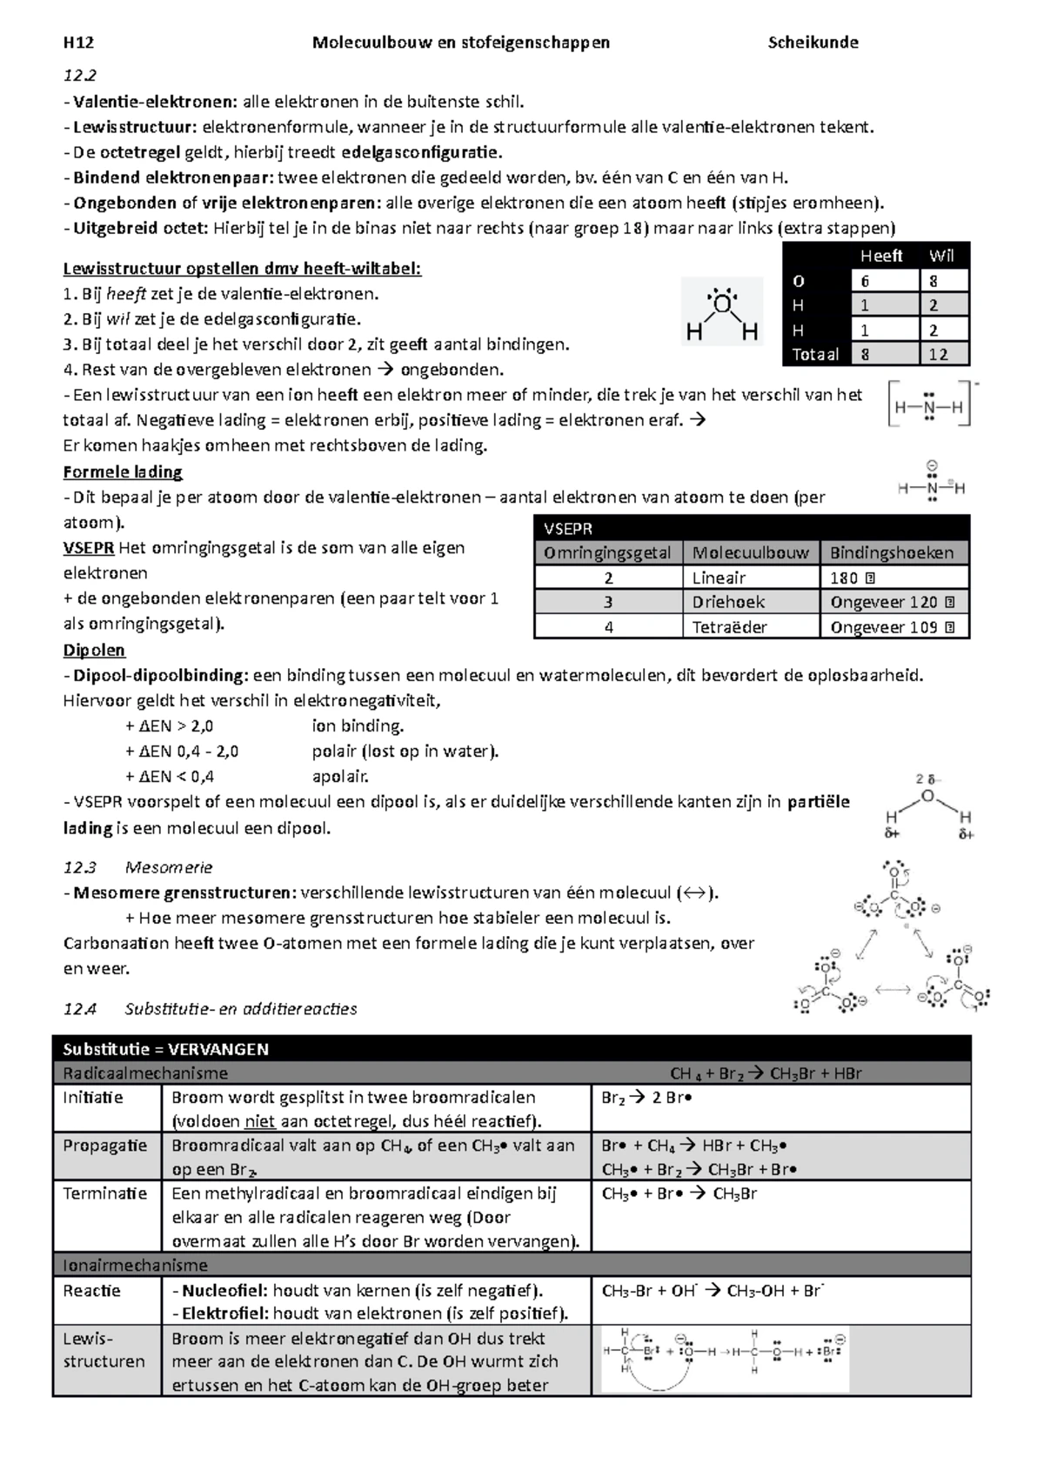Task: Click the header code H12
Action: coord(78,43)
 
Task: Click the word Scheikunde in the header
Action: coord(813,43)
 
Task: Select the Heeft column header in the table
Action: coord(880,256)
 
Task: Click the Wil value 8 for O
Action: coord(943,281)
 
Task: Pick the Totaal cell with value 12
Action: coord(943,354)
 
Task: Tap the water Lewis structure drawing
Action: coord(722,312)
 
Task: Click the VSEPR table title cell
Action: coord(752,528)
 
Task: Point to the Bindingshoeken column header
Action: coord(893,552)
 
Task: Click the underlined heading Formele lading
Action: coord(123,472)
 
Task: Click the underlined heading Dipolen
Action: coord(94,650)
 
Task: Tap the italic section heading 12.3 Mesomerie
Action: coord(138,867)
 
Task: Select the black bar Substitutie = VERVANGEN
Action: coord(512,1048)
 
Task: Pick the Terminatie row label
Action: coord(98,1193)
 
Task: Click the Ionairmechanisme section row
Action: coord(512,1265)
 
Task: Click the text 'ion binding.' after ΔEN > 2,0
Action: coord(358,725)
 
